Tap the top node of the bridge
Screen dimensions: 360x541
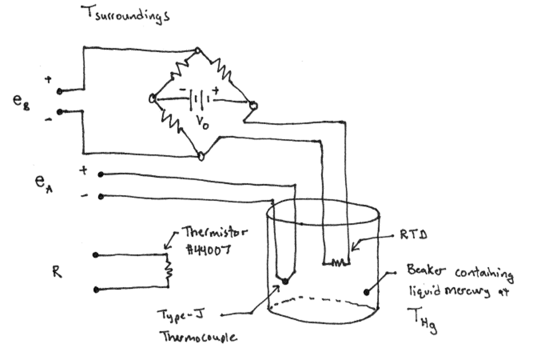pyautogui.click(x=198, y=51)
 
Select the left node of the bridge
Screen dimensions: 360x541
pyautogui.click(x=153, y=98)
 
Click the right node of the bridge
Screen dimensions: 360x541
pyautogui.click(x=253, y=106)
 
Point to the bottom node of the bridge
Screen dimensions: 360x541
pyautogui.click(x=201, y=155)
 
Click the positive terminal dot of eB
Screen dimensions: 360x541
pyautogui.click(x=59, y=91)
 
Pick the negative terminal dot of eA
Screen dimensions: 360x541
pyautogui.click(x=101, y=197)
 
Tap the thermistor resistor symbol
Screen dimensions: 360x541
pyautogui.click(x=169, y=270)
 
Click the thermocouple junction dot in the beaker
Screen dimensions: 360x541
pyautogui.click(x=285, y=281)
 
